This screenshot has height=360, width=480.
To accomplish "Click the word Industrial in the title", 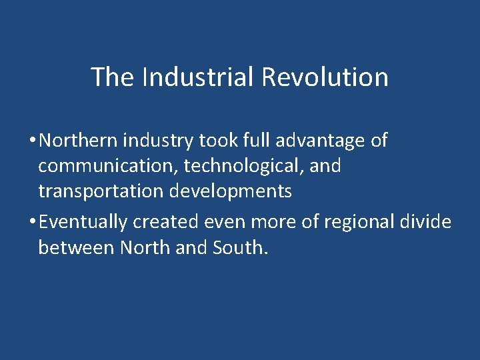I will click(198, 77).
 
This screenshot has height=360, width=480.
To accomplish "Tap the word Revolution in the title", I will click(325, 77).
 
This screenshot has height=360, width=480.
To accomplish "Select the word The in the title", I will click(113, 77).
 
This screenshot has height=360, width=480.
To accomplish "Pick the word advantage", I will click(314, 141).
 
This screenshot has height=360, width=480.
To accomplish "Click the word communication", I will click(107, 166).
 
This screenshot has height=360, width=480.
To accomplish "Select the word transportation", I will click(101, 191).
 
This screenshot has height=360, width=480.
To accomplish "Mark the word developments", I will click(231, 191).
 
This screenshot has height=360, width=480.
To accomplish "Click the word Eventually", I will click(83, 222).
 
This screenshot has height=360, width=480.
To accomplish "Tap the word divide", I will click(427, 222).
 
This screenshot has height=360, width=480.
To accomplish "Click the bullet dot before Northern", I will click(32, 141).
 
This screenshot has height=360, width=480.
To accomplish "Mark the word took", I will click(213, 141).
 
